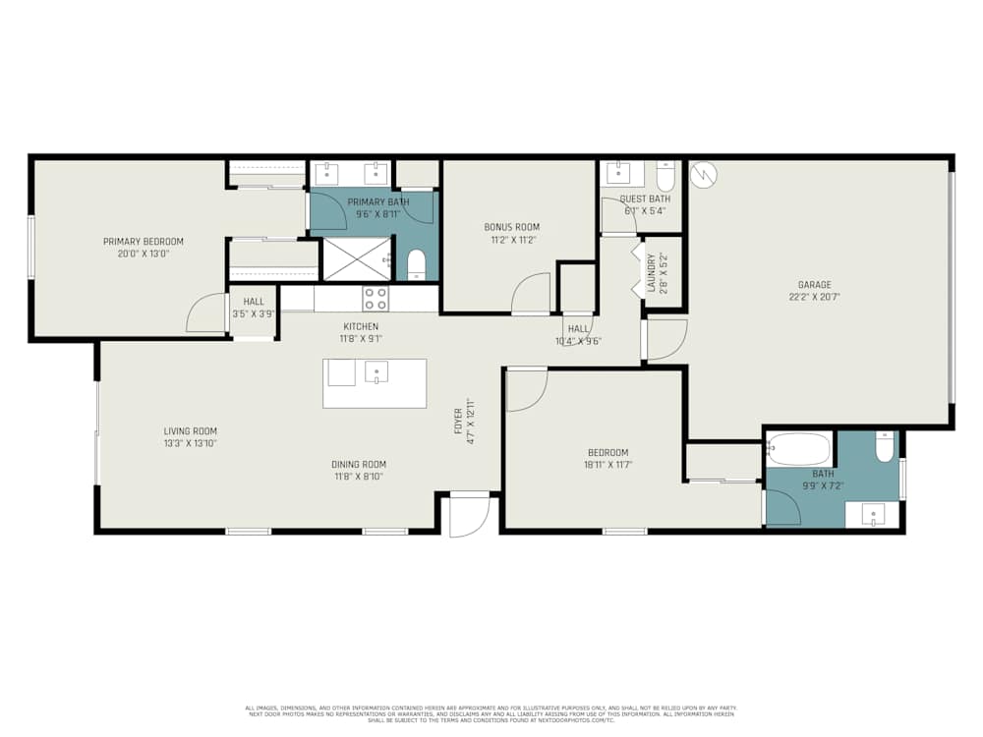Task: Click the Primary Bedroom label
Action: pyautogui.click(x=144, y=241)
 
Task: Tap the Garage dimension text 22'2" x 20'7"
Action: pyautogui.click(x=813, y=296)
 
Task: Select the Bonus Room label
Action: pyautogui.click(x=511, y=227)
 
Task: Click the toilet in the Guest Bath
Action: pyautogui.click(x=665, y=176)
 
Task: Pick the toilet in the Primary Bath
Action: pyautogui.click(x=416, y=263)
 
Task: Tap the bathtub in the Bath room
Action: pyautogui.click(x=798, y=448)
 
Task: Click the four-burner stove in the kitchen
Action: pyautogui.click(x=376, y=298)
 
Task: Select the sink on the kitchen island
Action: pyautogui.click(x=376, y=371)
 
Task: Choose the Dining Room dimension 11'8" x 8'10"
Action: pyautogui.click(x=359, y=477)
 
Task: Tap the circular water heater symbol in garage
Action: pyautogui.click(x=704, y=175)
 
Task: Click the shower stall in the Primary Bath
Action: pyautogui.click(x=357, y=257)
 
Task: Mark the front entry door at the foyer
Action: pyautogui.click(x=468, y=515)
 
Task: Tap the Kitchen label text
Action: pyautogui.click(x=360, y=326)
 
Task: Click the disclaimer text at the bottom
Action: pyautogui.click(x=491, y=713)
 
